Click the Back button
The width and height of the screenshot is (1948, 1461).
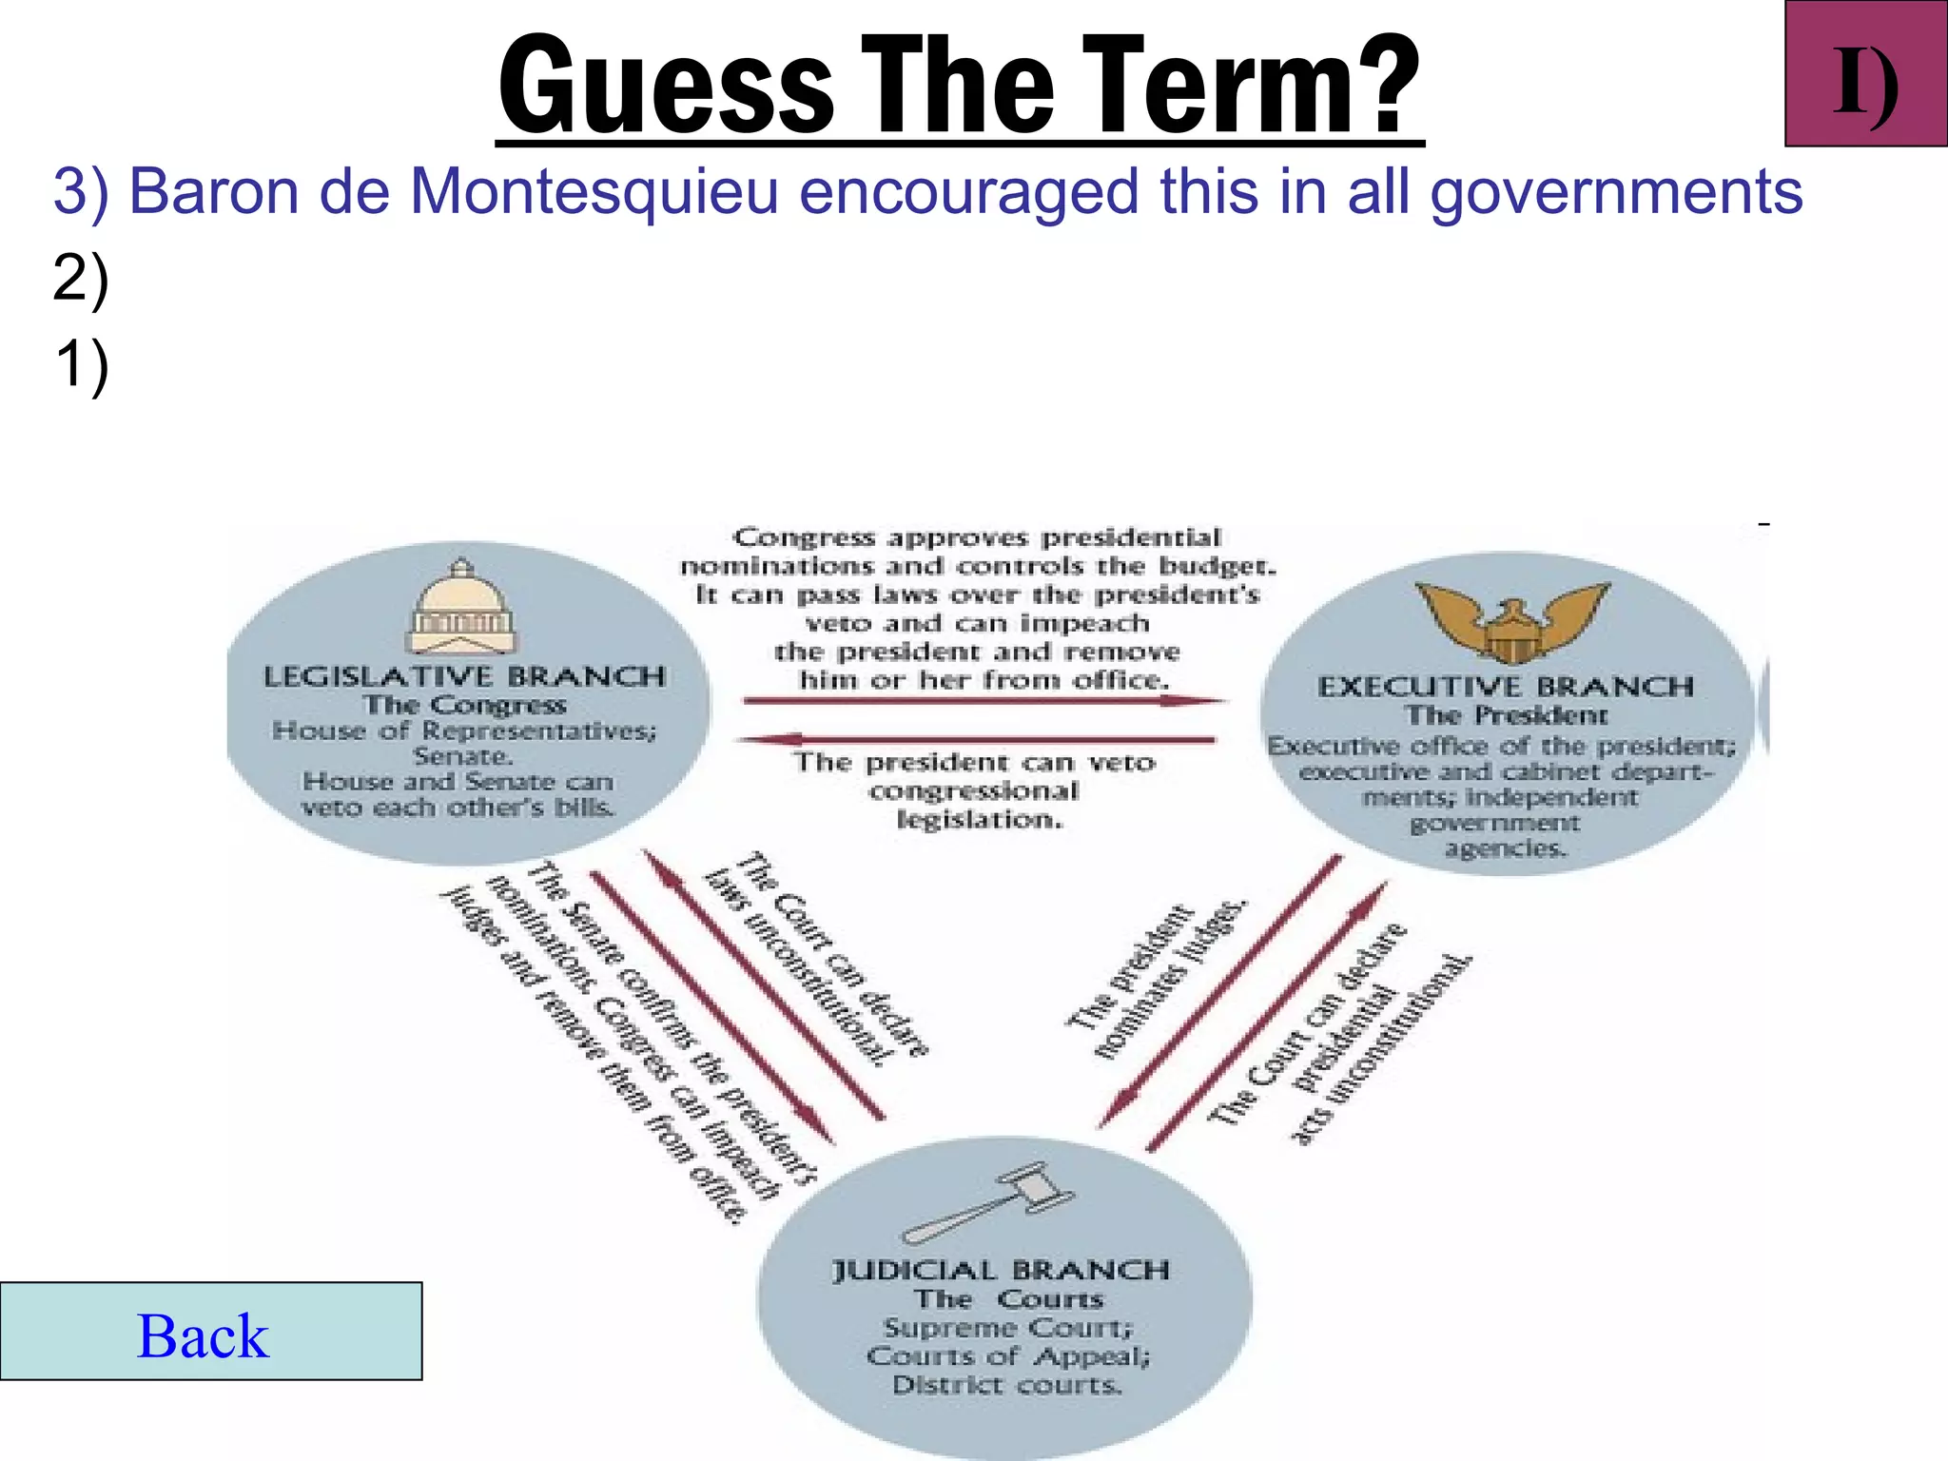210,1331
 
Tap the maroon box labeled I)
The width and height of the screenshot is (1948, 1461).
1865,74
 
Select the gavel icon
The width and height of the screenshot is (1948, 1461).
989,1202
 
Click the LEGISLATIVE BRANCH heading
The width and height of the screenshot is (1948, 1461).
464,676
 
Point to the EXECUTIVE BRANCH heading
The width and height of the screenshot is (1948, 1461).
1506,686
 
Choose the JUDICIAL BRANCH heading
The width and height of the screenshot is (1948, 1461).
1001,1270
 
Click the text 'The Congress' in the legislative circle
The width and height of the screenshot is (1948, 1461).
464,705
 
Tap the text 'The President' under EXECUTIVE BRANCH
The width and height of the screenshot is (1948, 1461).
1507,714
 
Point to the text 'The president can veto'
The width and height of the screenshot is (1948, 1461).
975,762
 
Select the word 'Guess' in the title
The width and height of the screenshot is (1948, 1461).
666,86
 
